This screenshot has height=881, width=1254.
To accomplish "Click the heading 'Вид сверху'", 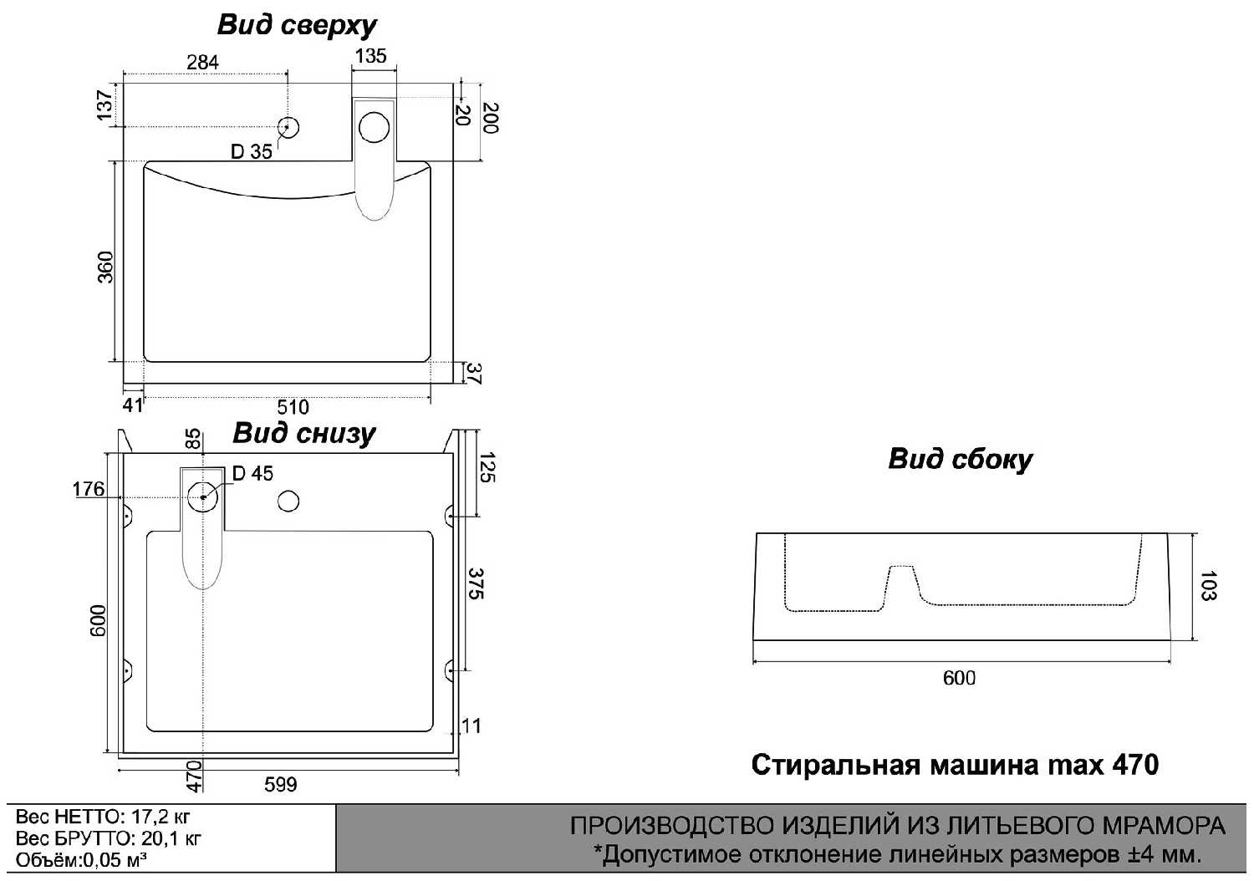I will [x=297, y=25].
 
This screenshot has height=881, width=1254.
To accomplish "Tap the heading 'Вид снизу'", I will [x=303, y=433].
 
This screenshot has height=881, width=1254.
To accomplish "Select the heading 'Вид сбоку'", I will [x=960, y=459].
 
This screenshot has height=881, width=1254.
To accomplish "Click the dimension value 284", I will [x=202, y=62].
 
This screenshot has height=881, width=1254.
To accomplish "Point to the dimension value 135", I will [x=370, y=56].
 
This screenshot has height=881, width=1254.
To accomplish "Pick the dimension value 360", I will [x=105, y=267].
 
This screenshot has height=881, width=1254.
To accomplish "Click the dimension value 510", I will [x=293, y=407].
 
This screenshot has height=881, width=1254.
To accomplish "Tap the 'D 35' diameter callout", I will [x=252, y=151].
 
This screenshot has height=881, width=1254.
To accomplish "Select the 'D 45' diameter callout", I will [x=252, y=473].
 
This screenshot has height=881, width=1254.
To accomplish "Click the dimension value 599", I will [x=281, y=784].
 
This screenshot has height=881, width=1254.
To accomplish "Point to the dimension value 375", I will [x=476, y=583].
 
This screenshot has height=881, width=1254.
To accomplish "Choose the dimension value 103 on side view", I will [x=1209, y=586].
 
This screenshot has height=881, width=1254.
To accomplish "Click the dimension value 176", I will [x=89, y=489].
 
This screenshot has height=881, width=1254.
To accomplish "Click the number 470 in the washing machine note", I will [x=1135, y=765].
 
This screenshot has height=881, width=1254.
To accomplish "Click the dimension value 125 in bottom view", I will [x=488, y=467].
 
